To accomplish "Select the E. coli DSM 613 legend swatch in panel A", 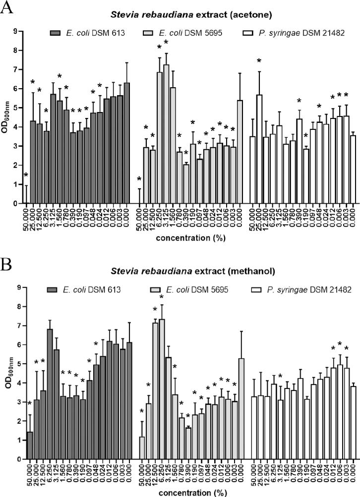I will tap(59, 32).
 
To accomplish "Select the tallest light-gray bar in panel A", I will tap(166, 134).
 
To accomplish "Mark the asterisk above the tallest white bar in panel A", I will tap(259, 61).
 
